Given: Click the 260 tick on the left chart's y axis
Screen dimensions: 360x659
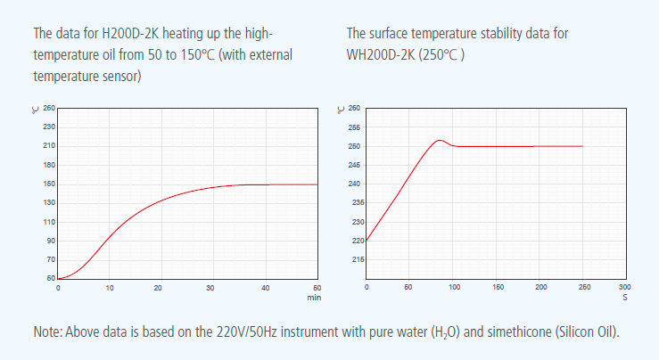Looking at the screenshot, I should click(49, 109).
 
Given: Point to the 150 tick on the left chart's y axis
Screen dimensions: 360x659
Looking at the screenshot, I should click(49, 184).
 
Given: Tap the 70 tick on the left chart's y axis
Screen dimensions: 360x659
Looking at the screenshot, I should click(49, 259).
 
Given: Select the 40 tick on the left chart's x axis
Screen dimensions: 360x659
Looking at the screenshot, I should click(265, 288).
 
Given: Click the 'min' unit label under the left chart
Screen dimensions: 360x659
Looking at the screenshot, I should click(314, 297).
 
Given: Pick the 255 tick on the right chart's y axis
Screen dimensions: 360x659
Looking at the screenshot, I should click(354, 127).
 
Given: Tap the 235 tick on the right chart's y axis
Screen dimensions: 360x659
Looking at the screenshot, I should click(354, 202).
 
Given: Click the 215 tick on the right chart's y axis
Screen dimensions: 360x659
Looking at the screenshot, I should click(354, 259).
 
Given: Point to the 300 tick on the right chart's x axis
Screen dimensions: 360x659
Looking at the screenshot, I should click(624, 288).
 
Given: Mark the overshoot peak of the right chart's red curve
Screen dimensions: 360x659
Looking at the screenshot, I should click(439, 140).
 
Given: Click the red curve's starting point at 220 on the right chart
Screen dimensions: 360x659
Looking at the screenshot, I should click(367, 241).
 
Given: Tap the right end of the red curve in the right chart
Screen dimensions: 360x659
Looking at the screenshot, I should click(582, 146).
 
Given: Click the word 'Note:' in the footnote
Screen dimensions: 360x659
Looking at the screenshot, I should click(47, 331).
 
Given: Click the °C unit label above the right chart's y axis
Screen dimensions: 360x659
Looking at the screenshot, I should click(341, 110).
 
